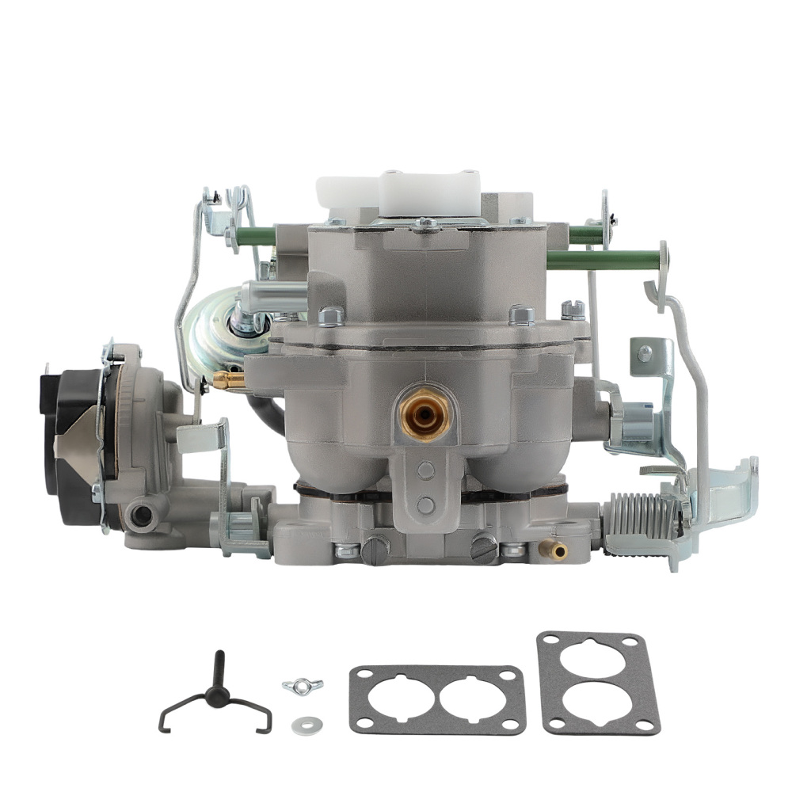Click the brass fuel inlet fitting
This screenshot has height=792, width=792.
(x=425, y=411)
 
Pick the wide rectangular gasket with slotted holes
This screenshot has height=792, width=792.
(x=437, y=697)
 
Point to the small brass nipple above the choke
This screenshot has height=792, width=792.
(x=227, y=381)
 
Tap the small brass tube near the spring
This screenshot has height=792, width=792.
(x=553, y=549)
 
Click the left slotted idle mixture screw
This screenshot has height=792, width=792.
(x=375, y=546)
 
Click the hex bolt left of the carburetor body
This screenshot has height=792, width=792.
(x=332, y=317)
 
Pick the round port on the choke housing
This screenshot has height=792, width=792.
(x=143, y=516)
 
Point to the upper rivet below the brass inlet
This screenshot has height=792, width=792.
(x=426, y=471)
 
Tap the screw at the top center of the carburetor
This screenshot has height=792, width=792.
(x=428, y=224)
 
